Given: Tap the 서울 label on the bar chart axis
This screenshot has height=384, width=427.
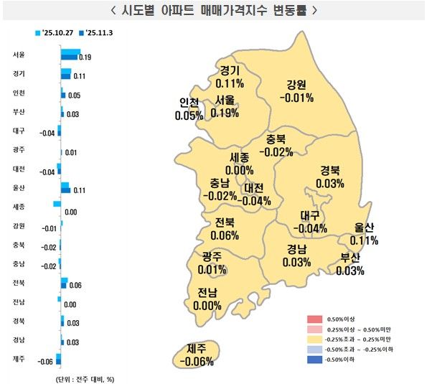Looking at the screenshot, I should click(x=19, y=55).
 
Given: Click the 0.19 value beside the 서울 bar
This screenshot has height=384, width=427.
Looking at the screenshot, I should click(x=85, y=57).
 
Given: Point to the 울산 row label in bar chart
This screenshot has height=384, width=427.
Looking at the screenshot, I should click(x=19, y=188).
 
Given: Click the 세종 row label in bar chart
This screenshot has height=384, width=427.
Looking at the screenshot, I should click(x=19, y=207).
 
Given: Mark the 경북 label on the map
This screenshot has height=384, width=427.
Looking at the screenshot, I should click(x=329, y=171).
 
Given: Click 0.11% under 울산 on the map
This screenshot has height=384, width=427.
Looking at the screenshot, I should click(x=365, y=240).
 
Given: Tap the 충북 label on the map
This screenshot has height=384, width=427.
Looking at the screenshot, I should click(x=276, y=139).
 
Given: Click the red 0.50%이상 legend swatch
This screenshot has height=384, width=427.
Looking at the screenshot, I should click(x=314, y=318).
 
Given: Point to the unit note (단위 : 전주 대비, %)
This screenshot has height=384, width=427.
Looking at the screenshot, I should click(x=84, y=378).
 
